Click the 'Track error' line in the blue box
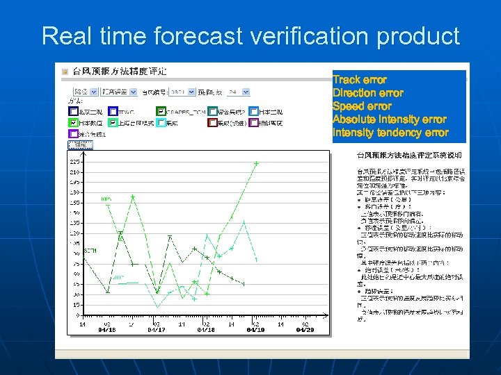pos(359,80)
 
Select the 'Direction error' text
pos(367,93)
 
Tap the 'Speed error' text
pos(362,106)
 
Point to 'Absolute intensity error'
pos(389,119)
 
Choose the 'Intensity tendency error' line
pos(390,133)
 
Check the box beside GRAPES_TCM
pos(161,111)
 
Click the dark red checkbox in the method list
pos(212,123)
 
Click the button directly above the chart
pos(80,145)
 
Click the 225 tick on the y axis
pos(74,161)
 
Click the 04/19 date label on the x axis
pos(255,330)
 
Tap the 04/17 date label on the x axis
pos(156,330)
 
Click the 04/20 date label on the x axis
pos(305,330)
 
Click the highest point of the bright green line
pos(257,163)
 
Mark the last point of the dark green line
pos(243,284)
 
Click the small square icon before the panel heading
pos(65,71)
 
